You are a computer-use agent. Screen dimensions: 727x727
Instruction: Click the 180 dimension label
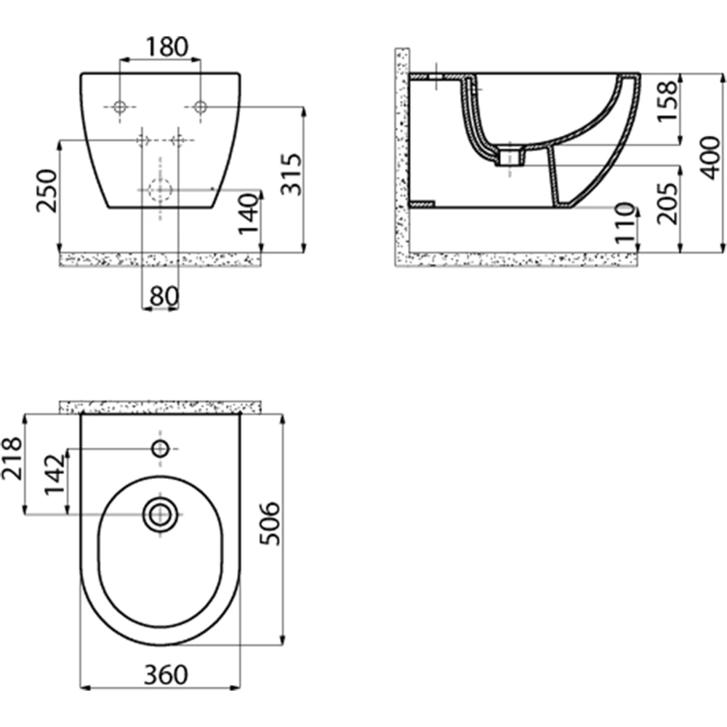click(x=167, y=47)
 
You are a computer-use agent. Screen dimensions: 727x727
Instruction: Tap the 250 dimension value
click(x=47, y=191)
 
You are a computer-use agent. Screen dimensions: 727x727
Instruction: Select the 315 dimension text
click(x=292, y=174)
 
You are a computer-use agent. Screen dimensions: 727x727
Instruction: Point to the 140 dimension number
click(x=248, y=214)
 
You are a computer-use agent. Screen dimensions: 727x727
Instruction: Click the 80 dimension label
click(x=164, y=296)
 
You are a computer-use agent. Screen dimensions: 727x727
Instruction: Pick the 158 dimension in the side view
click(x=667, y=101)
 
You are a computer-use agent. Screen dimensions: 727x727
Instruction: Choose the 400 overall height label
click(x=711, y=158)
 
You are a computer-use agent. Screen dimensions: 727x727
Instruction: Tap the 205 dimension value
click(x=667, y=204)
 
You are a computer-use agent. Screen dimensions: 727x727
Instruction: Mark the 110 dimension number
click(x=624, y=223)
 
